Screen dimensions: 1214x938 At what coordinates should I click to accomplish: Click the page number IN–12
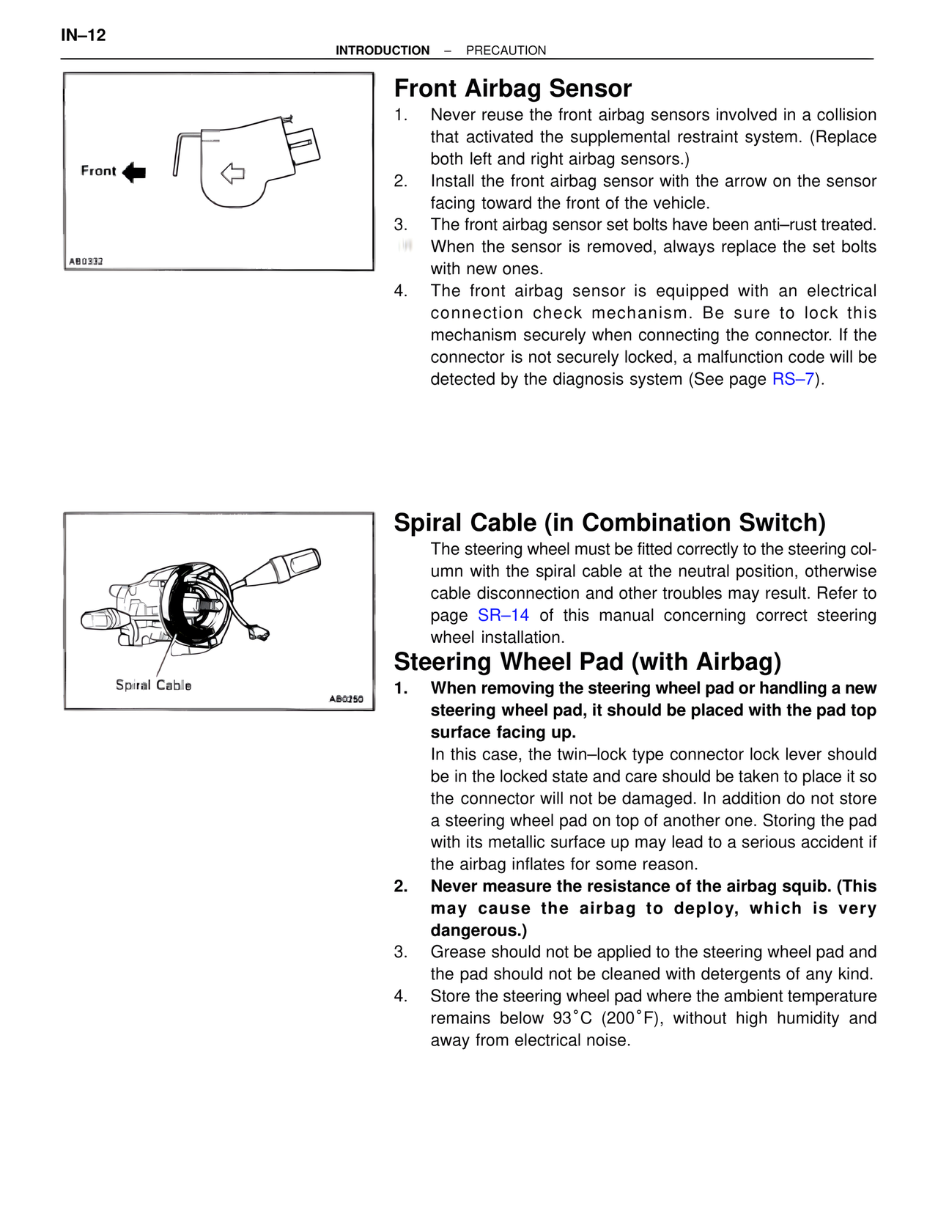(x=84, y=35)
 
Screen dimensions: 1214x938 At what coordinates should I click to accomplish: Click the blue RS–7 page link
(x=793, y=379)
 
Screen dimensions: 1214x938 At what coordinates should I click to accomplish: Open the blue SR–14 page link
(x=503, y=615)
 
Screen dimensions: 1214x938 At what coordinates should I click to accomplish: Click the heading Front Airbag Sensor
(x=512, y=89)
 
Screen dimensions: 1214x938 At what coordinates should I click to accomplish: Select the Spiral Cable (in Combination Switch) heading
(x=609, y=523)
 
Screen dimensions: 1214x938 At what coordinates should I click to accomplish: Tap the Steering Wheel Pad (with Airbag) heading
(x=587, y=662)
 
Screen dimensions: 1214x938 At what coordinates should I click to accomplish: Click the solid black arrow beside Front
(x=134, y=172)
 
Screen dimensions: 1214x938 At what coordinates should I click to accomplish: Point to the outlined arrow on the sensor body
(x=232, y=174)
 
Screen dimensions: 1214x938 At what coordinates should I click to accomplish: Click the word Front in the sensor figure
(x=98, y=171)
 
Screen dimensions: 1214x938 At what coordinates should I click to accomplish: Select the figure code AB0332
(x=86, y=262)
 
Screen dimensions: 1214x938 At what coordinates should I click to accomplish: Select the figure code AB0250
(x=346, y=699)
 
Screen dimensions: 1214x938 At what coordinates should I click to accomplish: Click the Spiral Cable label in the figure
(x=153, y=685)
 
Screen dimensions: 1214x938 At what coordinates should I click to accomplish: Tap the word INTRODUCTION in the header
(x=383, y=51)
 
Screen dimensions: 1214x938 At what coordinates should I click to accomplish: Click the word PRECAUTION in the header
(x=506, y=51)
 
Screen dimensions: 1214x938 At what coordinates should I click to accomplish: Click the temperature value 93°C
(x=572, y=1018)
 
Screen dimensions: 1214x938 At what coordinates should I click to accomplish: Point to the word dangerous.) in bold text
(x=479, y=930)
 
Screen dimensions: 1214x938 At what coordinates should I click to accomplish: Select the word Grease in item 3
(x=456, y=952)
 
